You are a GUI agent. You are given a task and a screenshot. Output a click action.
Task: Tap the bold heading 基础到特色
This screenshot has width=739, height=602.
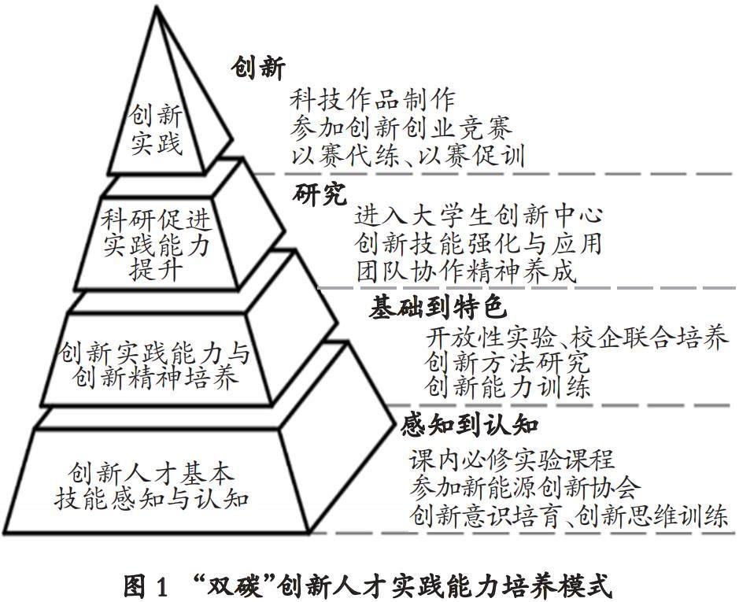coord(438,308)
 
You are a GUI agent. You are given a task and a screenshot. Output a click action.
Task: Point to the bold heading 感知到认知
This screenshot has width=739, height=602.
coord(469,425)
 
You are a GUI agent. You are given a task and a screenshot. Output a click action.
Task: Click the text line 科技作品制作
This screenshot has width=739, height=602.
coord(372,101)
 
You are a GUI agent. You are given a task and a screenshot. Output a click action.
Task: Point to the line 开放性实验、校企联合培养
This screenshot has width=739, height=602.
coord(576,337)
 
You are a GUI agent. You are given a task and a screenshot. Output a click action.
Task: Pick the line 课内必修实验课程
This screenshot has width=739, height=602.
coord(512,460)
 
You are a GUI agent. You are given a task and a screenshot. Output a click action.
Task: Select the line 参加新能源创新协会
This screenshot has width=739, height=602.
coord(525,488)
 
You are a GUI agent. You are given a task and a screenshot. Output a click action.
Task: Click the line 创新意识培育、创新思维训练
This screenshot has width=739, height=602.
coord(569,516)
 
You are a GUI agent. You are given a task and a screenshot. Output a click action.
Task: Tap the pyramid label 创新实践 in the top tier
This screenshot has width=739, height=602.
coord(155,131)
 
